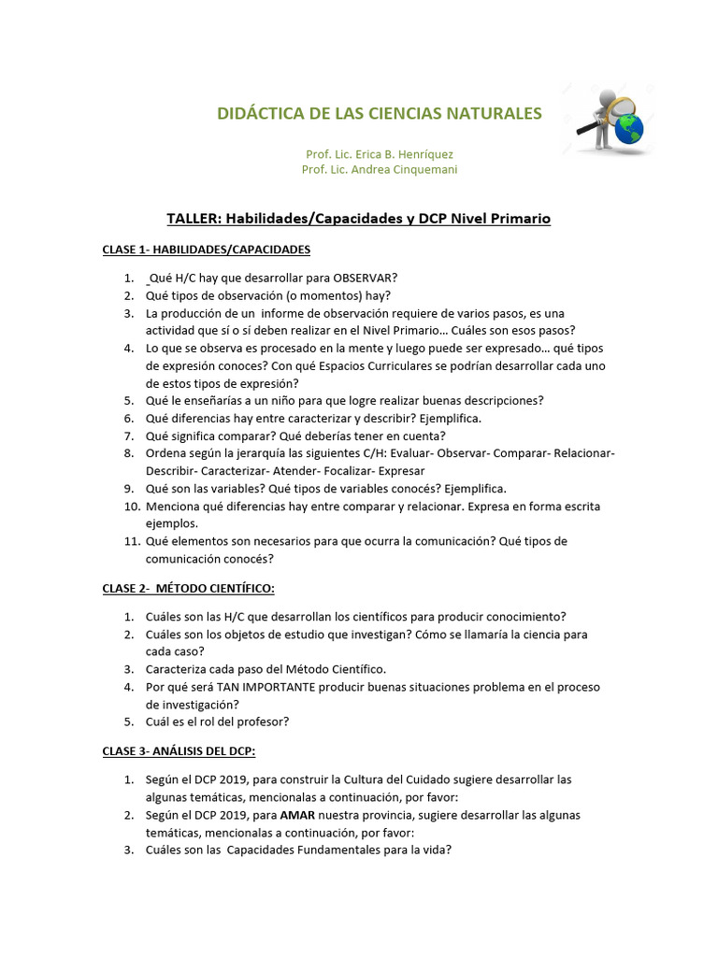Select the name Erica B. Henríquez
[x=398, y=153]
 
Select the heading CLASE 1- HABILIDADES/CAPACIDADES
[x=206, y=250]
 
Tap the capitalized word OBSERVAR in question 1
[x=366, y=278]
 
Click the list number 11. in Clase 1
[x=130, y=541]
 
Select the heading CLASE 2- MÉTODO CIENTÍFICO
[x=188, y=588]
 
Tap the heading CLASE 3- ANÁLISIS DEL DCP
[x=179, y=751]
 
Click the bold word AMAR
[x=295, y=815]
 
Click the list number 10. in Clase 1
[x=130, y=507]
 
